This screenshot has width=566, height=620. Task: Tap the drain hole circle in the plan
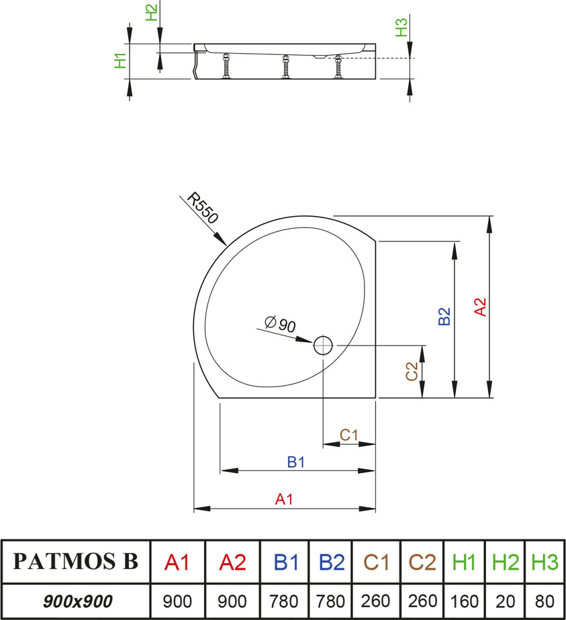click(x=323, y=345)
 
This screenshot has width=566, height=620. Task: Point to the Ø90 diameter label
click(x=281, y=325)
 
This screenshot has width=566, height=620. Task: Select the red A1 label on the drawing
click(x=285, y=499)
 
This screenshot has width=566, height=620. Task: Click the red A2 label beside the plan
click(x=479, y=307)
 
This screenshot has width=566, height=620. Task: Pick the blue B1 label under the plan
click(x=296, y=462)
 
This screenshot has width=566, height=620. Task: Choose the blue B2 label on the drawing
click(x=444, y=317)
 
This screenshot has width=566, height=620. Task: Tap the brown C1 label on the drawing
click(x=348, y=435)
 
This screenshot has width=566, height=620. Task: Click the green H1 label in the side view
click(x=120, y=60)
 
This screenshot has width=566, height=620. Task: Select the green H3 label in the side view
click(x=402, y=28)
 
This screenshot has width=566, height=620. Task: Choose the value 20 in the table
click(x=506, y=601)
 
